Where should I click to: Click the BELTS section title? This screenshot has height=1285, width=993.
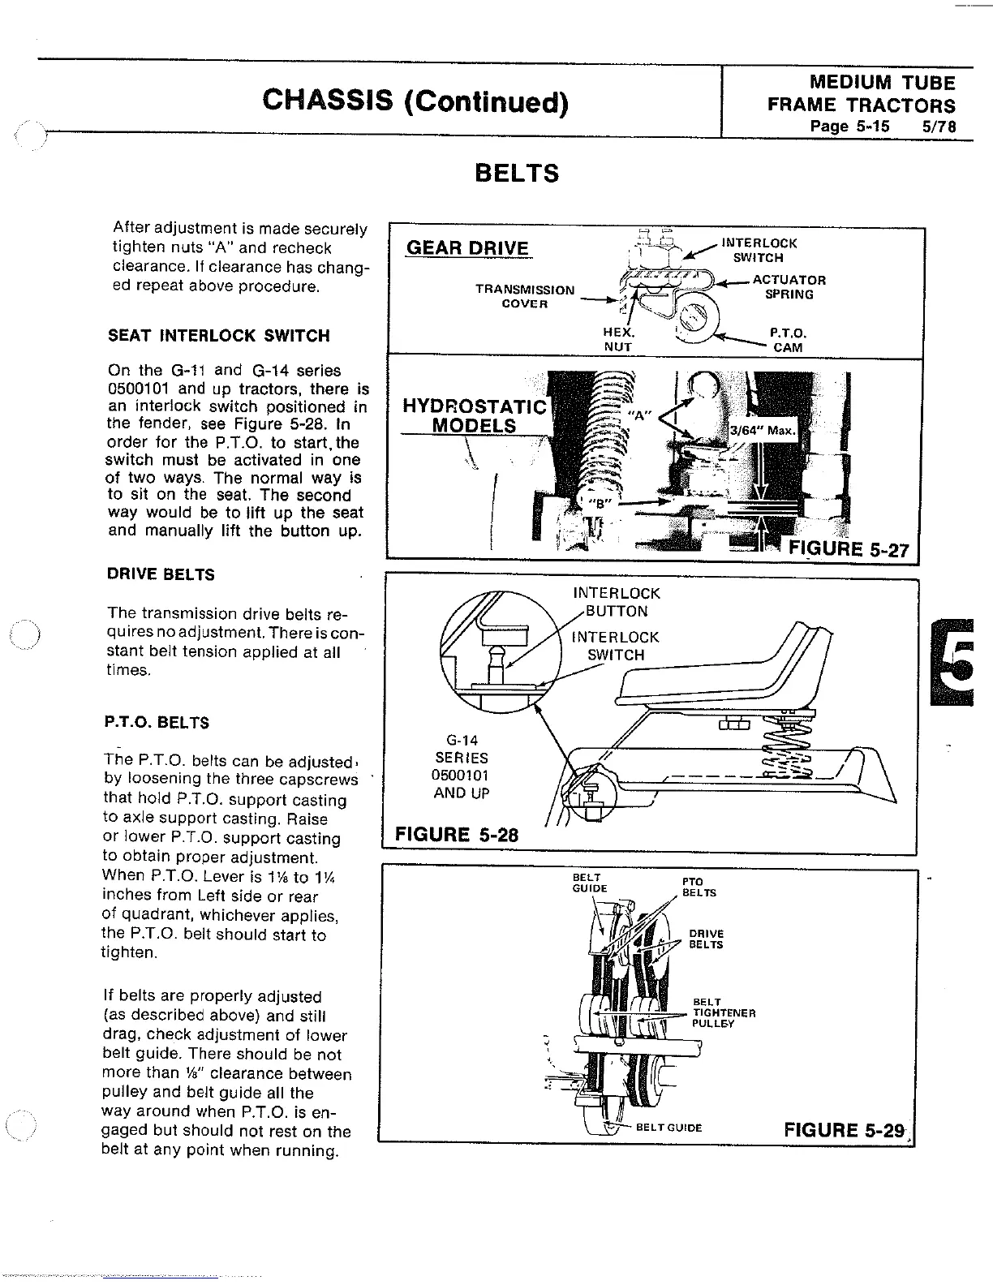(x=516, y=174)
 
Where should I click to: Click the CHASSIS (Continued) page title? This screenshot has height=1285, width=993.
(x=415, y=102)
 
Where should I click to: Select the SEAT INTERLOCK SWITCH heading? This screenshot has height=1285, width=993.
(x=219, y=336)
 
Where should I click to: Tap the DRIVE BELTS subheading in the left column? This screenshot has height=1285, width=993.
(x=161, y=574)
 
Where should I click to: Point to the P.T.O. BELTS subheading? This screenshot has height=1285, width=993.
(x=157, y=722)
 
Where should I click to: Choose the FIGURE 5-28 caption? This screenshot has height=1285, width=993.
(x=456, y=835)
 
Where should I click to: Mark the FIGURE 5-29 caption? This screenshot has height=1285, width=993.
(x=844, y=1130)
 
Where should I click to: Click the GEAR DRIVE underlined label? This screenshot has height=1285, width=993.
(x=467, y=248)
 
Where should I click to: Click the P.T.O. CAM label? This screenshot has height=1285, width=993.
(x=788, y=340)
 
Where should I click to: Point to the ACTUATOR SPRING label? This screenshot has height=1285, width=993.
(x=789, y=287)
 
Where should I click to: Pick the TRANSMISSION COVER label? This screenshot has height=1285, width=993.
(x=524, y=296)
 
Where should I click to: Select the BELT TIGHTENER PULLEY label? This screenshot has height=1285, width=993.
(x=724, y=1013)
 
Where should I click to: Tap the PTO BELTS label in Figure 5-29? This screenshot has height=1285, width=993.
(x=699, y=887)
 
